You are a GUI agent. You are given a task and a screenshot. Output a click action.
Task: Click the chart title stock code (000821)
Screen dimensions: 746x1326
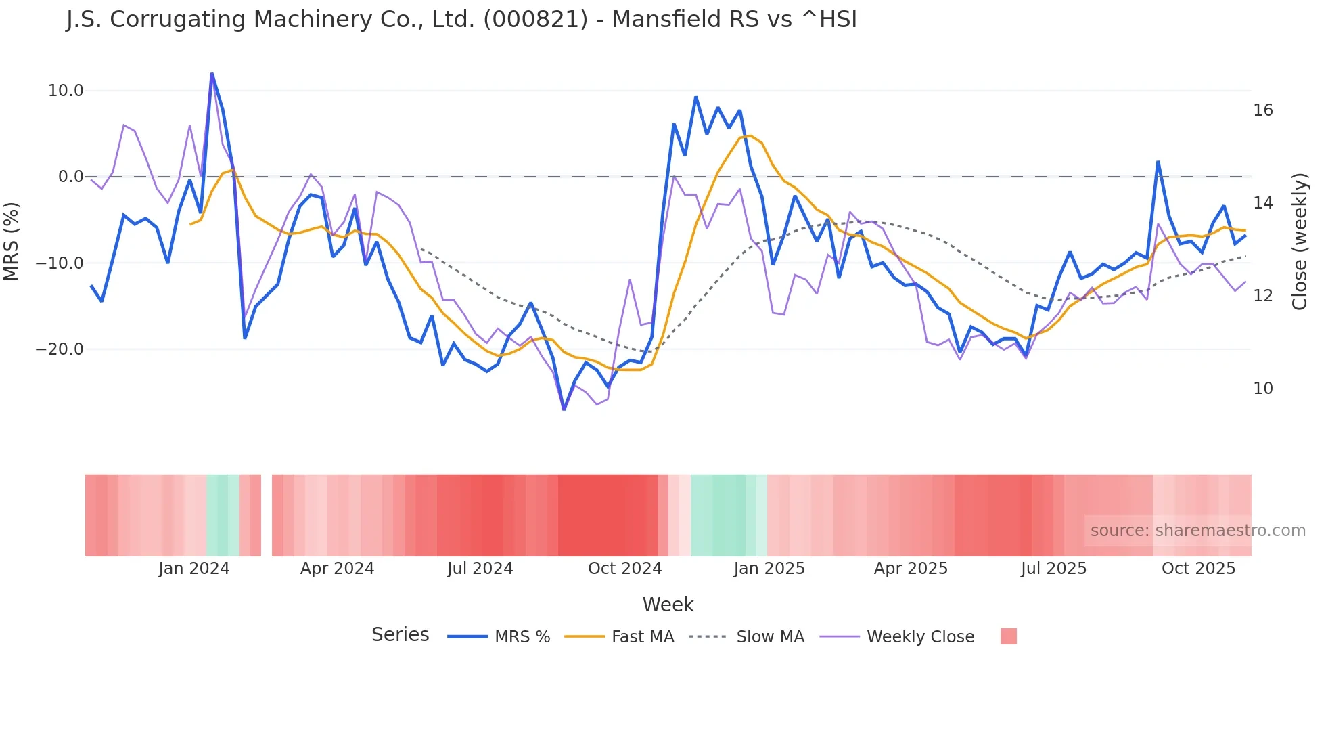(535, 19)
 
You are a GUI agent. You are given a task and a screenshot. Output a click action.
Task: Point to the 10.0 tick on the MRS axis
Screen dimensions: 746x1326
(65, 91)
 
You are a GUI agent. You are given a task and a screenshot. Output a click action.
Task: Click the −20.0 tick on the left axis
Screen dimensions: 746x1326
(60, 349)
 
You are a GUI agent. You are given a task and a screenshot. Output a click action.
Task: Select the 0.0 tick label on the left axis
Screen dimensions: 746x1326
(70, 177)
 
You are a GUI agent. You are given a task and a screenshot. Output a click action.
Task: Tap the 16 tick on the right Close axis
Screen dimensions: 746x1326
(1262, 110)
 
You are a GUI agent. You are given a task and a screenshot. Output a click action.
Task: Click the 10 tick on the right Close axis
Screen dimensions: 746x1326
(1262, 389)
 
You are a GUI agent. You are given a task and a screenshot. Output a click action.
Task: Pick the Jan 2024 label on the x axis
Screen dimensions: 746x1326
(193, 569)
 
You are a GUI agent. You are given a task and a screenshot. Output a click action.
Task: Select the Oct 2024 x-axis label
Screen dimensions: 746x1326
(624, 569)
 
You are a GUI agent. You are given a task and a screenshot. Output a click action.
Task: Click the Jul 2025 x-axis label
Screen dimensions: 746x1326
(1053, 569)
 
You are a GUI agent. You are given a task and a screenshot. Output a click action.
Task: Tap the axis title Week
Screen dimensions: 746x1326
(668, 605)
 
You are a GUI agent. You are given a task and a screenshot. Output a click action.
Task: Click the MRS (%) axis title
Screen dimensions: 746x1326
(12, 241)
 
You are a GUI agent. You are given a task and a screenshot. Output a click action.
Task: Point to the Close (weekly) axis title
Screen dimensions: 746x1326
(1299, 241)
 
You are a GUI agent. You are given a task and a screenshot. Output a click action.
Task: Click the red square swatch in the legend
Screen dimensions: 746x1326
(1008, 636)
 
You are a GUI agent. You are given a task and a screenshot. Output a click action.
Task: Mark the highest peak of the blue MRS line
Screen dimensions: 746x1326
(212, 73)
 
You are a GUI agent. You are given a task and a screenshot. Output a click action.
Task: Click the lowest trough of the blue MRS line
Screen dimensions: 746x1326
(564, 409)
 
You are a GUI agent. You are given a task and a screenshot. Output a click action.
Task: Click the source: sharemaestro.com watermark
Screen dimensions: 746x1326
(1197, 531)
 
